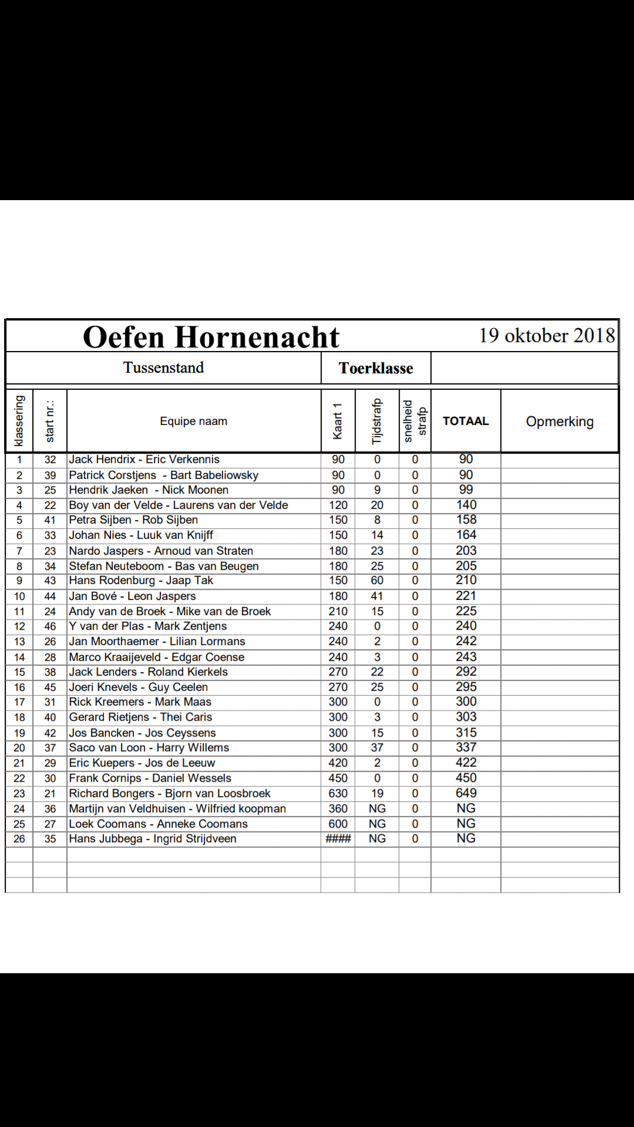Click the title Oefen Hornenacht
click(x=211, y=337)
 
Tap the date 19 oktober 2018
click(x=547, y=336)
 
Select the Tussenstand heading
click(x=163, y=368)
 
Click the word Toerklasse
click(x=376, y=369)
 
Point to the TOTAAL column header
click(x=466, y=421)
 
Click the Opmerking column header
click(x=559, y=421)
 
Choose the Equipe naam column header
click(x=193, y=421)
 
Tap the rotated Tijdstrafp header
click(x=377, y=421)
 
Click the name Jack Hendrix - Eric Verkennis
click(x=144, y=460)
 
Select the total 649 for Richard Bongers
click(x=466, y=793)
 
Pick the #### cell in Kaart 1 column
click(x=338, y=839)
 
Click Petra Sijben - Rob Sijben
click(x=133, y=520)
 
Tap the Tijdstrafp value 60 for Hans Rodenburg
click(x=377, y=581)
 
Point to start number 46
click(x=50, y=626)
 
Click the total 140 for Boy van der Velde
click(x=466, y=505)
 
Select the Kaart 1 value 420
click(x=338, y=763)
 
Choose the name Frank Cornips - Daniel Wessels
click(x=150, y=778)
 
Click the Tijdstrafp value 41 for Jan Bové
click(x=377, y=596)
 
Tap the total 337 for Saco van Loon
click(x=466, y=748)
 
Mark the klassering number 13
click(x=19, y=642)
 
